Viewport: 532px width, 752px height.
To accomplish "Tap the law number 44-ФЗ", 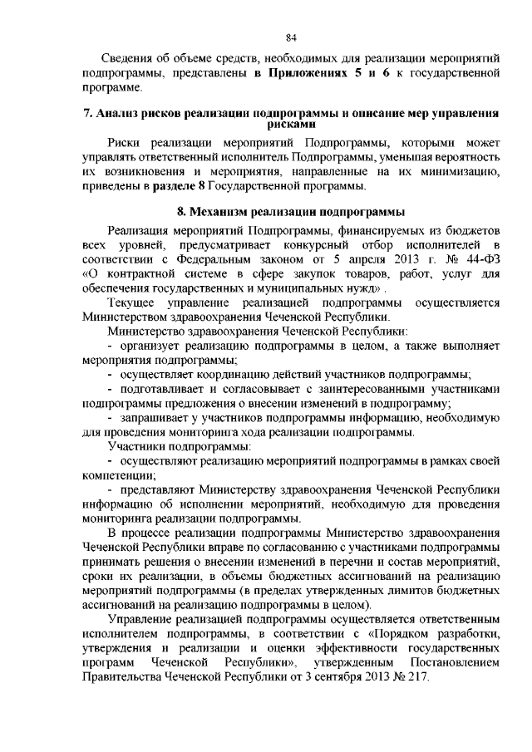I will [477, 257].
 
